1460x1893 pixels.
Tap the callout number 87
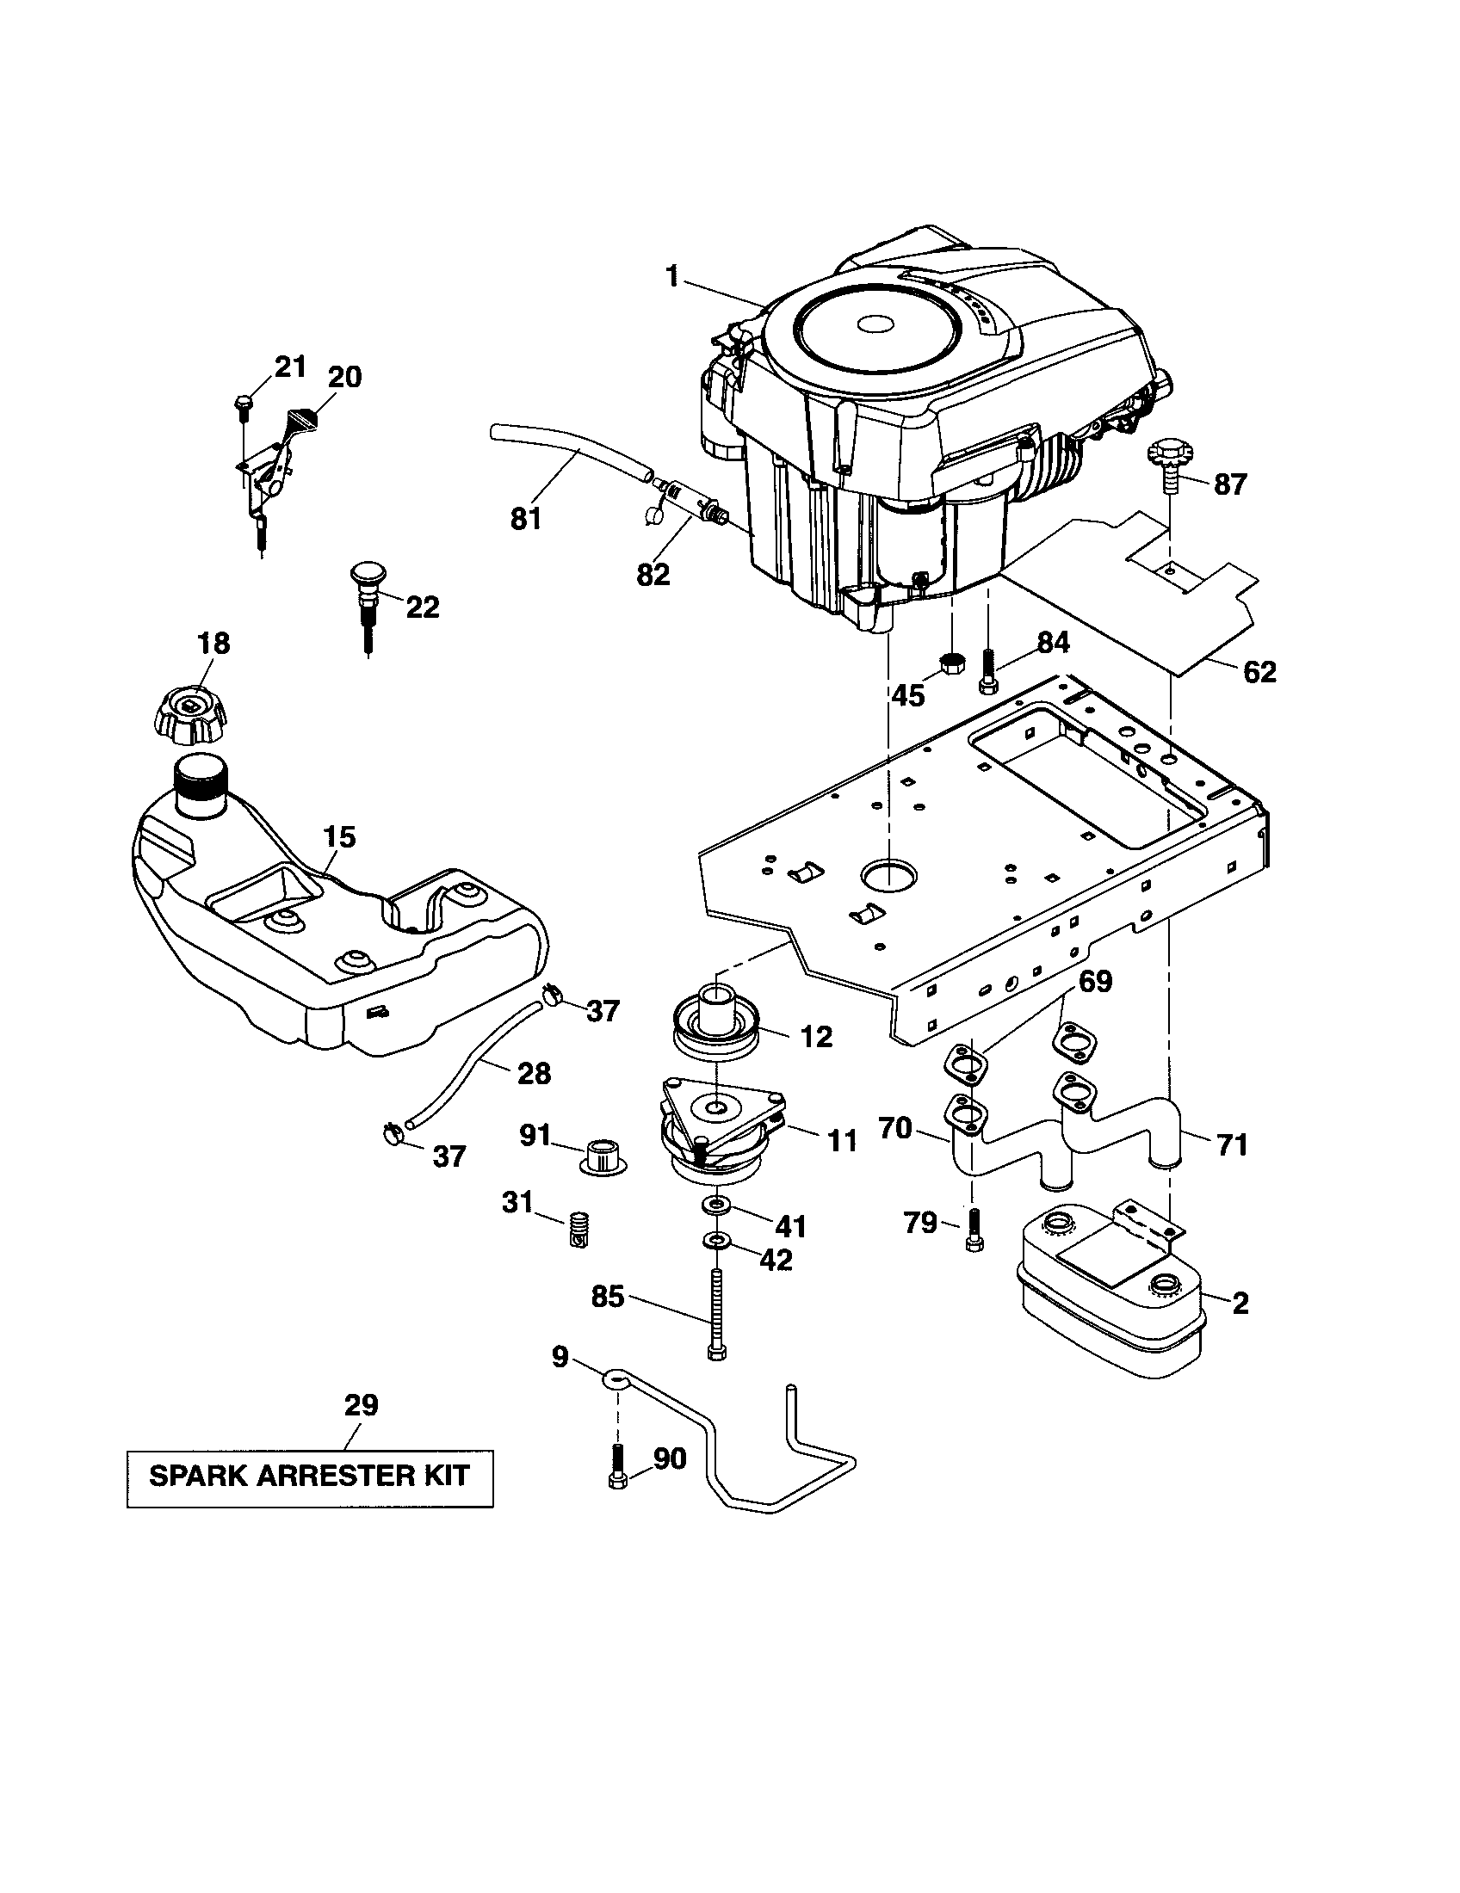pos(1229,484)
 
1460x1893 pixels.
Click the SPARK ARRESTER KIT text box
pos(310,1476)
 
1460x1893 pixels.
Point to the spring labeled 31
pos(578,1229)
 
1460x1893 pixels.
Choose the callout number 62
pos(1259,672)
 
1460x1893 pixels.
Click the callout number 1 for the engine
pos(672,276)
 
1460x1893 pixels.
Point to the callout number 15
pos(339,836)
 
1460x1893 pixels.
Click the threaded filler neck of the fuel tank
pos(201,783)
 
